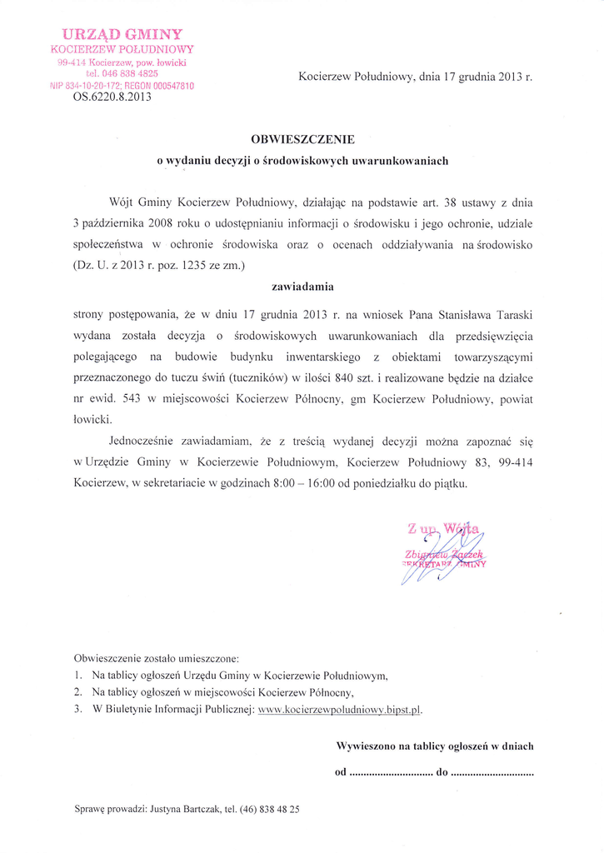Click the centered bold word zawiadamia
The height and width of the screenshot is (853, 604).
(x=302, y=287)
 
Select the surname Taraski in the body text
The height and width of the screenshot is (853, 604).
(x=509, y=314)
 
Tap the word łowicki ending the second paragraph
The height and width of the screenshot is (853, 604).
(x=92, y=420)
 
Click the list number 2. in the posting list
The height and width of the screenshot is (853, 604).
(x=78, y=692)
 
